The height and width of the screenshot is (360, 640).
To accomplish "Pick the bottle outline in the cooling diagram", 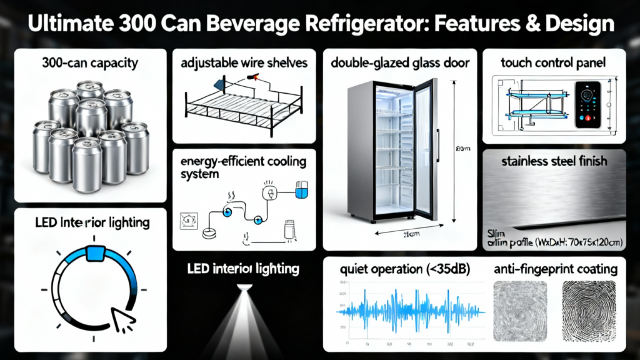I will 289,228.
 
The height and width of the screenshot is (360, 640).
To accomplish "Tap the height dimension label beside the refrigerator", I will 463,149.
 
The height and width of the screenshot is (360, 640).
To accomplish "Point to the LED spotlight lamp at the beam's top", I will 244,288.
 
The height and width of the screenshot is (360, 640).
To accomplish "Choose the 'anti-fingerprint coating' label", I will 555,269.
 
